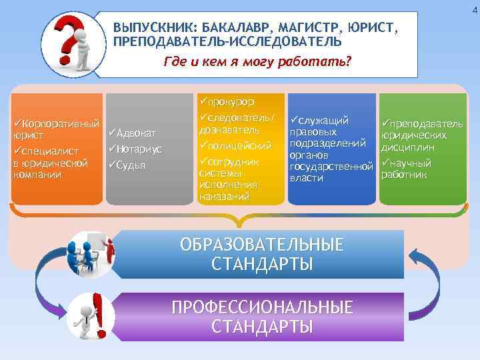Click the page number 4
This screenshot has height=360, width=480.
pos(475,9)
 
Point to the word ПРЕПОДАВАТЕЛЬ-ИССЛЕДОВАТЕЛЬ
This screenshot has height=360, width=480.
pos(228,42)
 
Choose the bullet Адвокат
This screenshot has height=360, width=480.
pos(137,135)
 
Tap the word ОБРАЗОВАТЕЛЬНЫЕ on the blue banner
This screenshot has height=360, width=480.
pos(262,244)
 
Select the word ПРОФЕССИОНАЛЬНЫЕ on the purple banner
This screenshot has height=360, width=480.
pos(262,307)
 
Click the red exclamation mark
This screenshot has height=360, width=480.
pos(99,314)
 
